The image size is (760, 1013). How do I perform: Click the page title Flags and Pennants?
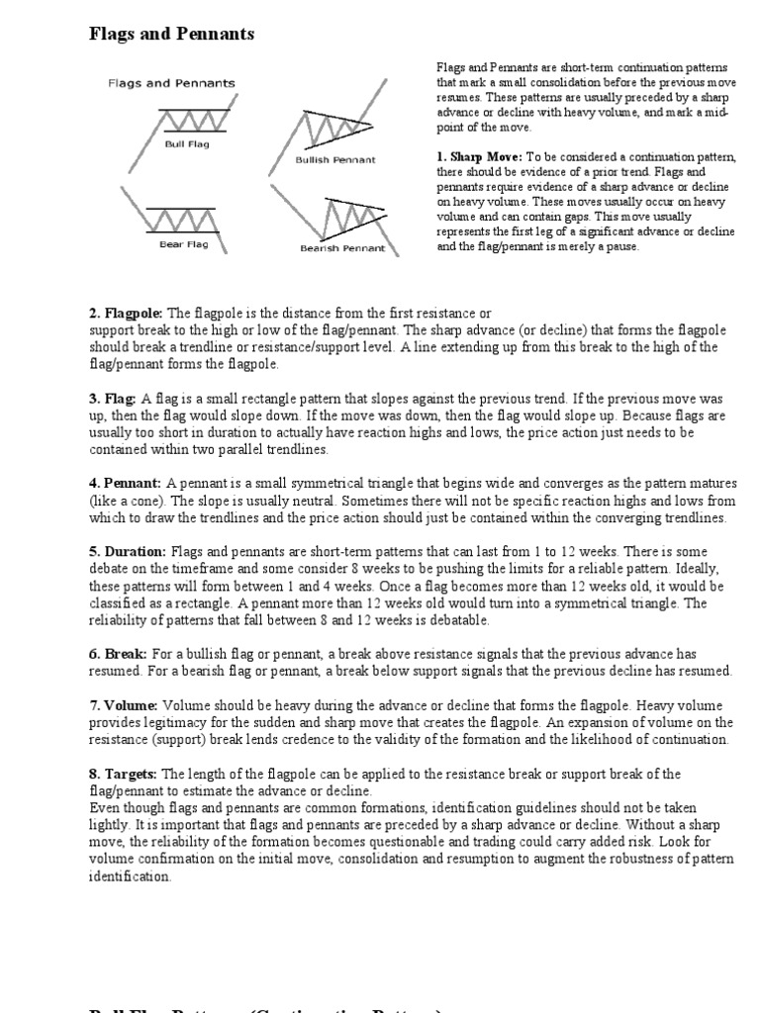coord(171,35)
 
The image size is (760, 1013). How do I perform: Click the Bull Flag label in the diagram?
coord(187,143)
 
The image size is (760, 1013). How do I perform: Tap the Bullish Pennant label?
coord(335,159)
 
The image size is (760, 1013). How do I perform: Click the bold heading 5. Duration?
coord(129,551)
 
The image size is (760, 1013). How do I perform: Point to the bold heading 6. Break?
coord(118,654)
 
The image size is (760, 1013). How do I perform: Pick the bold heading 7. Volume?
coord(124,705)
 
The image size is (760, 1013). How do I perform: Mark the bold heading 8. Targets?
coord(124,774)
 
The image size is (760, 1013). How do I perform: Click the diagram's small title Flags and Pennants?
coord(171,84)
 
